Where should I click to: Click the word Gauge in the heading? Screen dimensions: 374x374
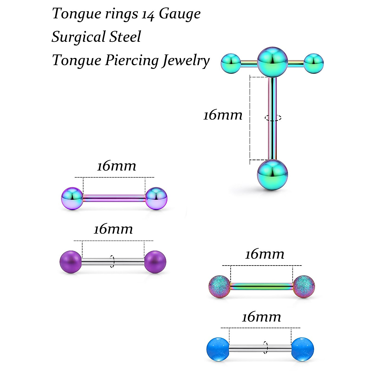click(180, 14)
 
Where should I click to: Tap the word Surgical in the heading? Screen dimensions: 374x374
click(78, 37)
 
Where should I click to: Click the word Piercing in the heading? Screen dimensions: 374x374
click(132, 60)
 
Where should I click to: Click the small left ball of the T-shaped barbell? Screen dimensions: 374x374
click(231, 63)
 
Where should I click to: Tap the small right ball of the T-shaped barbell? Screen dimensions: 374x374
click(314, 64)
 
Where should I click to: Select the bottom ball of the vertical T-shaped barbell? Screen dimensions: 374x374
click(272, 175)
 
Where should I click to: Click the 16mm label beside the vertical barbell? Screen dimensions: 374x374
click(223, 115)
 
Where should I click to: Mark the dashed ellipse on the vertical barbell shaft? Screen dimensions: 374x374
click(273, 118)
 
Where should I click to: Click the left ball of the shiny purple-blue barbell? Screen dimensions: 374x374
click(72, 198)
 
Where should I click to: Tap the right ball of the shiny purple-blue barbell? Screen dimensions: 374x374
click(156, 198)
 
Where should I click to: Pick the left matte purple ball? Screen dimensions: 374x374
click(70, 262)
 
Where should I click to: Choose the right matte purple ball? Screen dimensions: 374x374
click(155, 262)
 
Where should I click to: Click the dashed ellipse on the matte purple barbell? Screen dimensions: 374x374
click(112, 262)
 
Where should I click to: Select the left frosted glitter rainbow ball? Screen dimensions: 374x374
click(219, 286)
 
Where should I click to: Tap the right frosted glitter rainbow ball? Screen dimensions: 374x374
click(304, 286)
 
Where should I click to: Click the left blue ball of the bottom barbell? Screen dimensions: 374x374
click(218, 349)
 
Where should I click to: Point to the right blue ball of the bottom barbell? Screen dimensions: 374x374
click(303, 349)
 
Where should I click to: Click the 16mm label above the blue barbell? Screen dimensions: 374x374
click(261, 317)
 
